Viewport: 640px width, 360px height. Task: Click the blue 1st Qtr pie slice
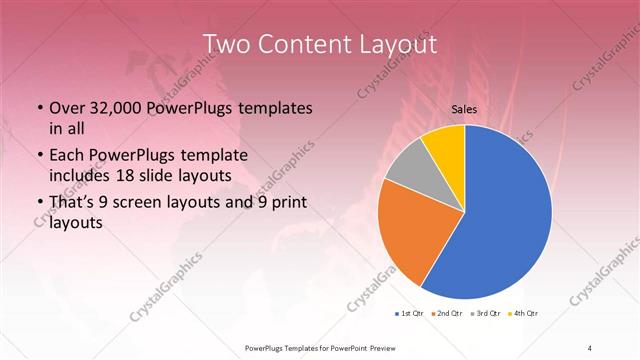click(500, 220)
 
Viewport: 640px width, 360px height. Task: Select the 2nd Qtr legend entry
click(446, 314)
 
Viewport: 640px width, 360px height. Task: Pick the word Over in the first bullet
click(66, 108)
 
